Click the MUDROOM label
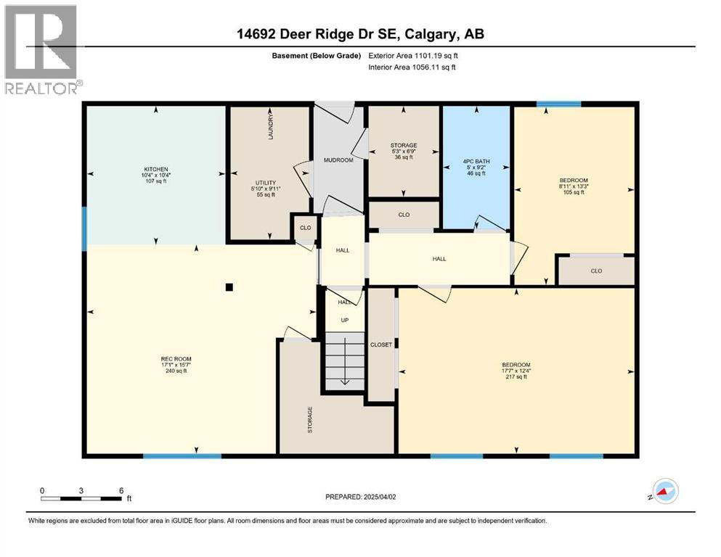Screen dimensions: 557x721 coord(338,160)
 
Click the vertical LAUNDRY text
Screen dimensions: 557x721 coord(271,126)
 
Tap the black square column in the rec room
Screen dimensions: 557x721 coord(229,287)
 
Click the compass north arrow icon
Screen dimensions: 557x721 coord(664,493)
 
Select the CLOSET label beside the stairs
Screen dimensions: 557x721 coord(381,345)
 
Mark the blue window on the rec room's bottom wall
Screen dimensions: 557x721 coord(182,455)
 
